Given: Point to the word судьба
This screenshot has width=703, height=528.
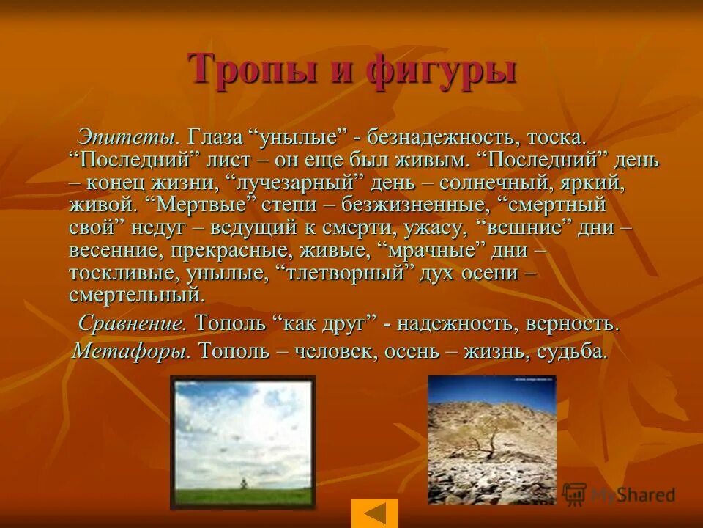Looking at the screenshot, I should click(572, 351).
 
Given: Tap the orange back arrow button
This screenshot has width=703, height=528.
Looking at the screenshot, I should click(375, 513).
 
